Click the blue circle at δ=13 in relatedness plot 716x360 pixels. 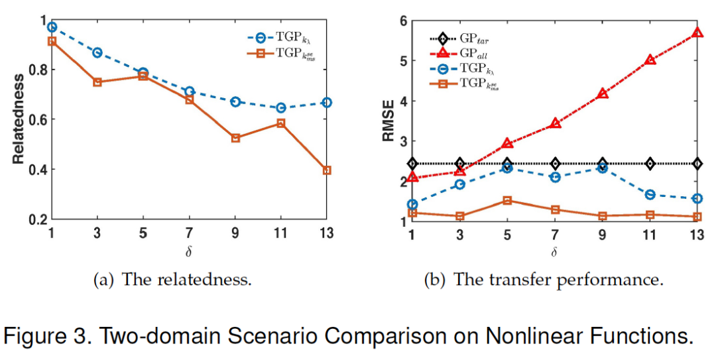[327, 103]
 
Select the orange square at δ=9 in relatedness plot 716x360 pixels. [235, 138]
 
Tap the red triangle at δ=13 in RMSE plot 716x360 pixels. [697, 32]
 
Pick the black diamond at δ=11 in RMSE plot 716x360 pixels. [650, 163]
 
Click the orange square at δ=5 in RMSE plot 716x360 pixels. [507, 200]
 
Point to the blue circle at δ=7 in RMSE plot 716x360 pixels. [555, 177]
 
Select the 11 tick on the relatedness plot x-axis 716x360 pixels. [280, 233]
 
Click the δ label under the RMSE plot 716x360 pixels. [554, 252]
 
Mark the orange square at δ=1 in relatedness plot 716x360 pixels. [52, 41]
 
